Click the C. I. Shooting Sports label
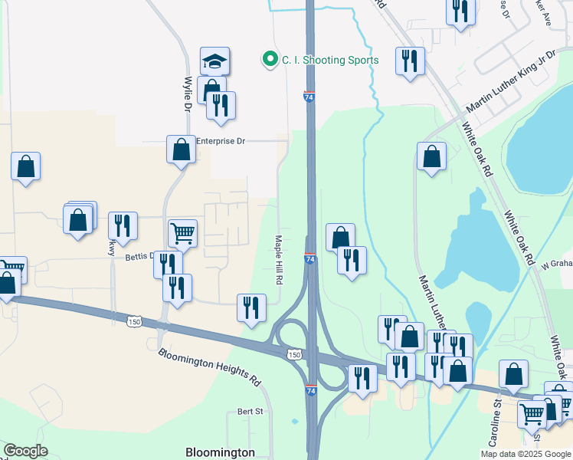coord(330,60)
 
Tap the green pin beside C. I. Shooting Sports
coord(270,59)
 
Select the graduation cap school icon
coord(215,61)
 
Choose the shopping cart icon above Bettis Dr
coord(182,232)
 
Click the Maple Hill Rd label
coord(279,259)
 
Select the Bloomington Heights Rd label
coord(210,366)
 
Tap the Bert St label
coord(250,412)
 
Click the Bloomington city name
coord(220,452)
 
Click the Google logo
coord(25,451)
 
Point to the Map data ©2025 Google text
coord(525,454)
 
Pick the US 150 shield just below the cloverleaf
coord(294,354)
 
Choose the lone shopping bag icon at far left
coord(25,166)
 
